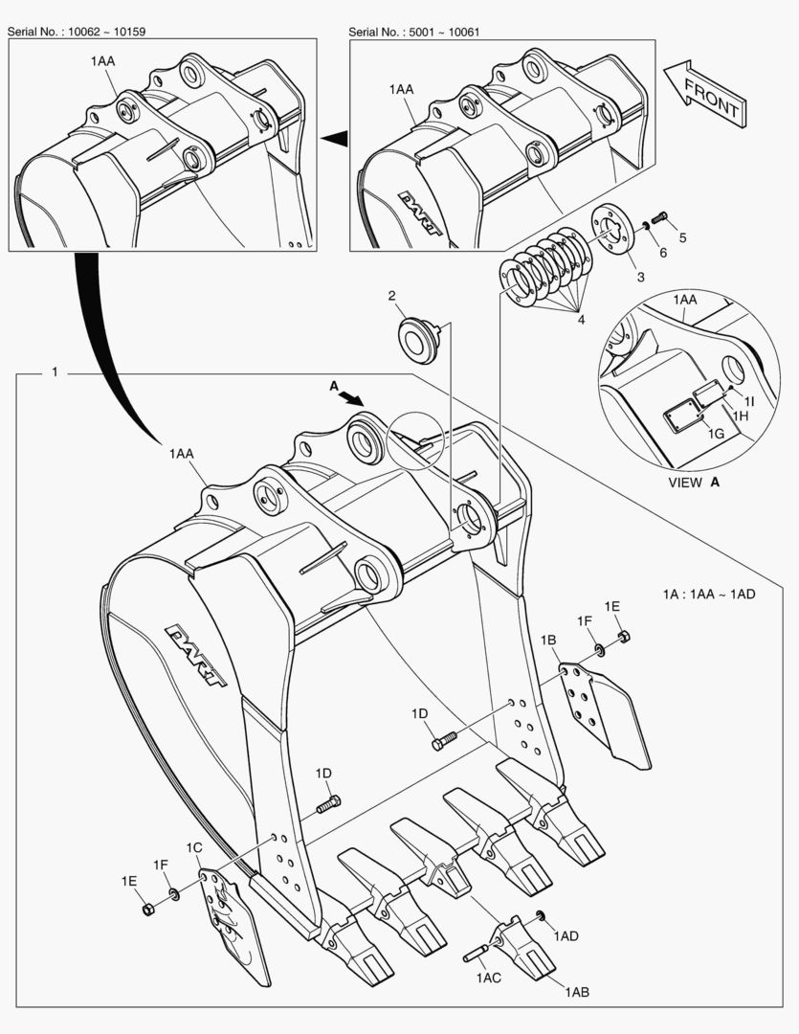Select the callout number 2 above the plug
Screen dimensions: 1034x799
pyautogui.click(x=392, y=296)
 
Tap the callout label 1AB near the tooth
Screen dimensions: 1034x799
pyautogui.click(x=577, y=993)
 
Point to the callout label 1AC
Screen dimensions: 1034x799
pyautogui.click(x=488, y=978)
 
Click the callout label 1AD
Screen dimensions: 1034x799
pyautogui.click(x=566, y=935)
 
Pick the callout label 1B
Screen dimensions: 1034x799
pyautogui.click(x=548, y=640)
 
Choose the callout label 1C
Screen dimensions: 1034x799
pyautogui.click(x=194, y=847)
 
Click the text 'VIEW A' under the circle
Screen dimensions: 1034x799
pyautogui.click(x=694, y=483)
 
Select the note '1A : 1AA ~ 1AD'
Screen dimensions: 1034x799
pyautogui.click(x=709, y=594)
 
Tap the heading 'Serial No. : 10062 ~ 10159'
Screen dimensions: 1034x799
pyautogui.click(x=77, y=32)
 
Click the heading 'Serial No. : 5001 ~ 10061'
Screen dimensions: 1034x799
pyautogui.click(x=414, y=32)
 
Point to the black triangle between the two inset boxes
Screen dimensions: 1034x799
pyautogui.click(x=333, y=140)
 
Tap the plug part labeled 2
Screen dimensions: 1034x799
pyautogui.click(x=417, y=340)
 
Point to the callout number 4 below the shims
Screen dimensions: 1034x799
pyautogui.click(x=580, y=320)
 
